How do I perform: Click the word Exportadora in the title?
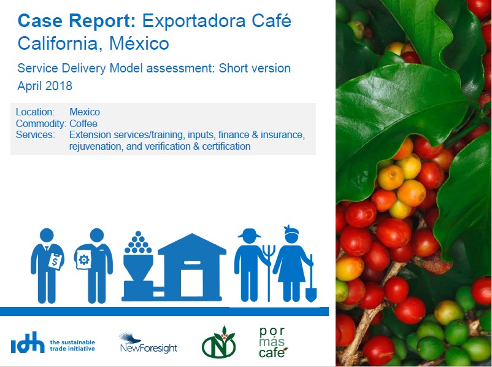pyautogui.click(x=194, y=21)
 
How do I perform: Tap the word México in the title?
pyautogui.click(x=139, y=44)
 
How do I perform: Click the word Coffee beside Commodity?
pyautogui.click(x=83, y=123)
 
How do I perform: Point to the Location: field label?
pyautogui.click(x=35, y=112)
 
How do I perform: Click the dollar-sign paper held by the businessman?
pyautogui.click(x=56, y=261)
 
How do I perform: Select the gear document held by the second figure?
pyautogui.click(x=84, y=260)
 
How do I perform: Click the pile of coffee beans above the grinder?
pyautogui.click(x=138, y=242)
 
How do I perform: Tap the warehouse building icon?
pyautogui.click(x=192, y=267)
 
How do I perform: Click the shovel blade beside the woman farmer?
pyautogui.click(x=311, y=295)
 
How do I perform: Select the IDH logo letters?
pyautogui.click(x=28, y=342)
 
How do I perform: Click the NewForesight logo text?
pyautogui.click(x=148, y=348)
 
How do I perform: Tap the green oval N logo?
pyautogui.click(x=219, y=343)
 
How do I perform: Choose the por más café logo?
pyautogui.click(x=272, y=342)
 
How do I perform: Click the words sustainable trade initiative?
pyautogui.click(x=72, y=346)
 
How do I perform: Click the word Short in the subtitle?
pyautogui.click(x=233, y=68)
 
